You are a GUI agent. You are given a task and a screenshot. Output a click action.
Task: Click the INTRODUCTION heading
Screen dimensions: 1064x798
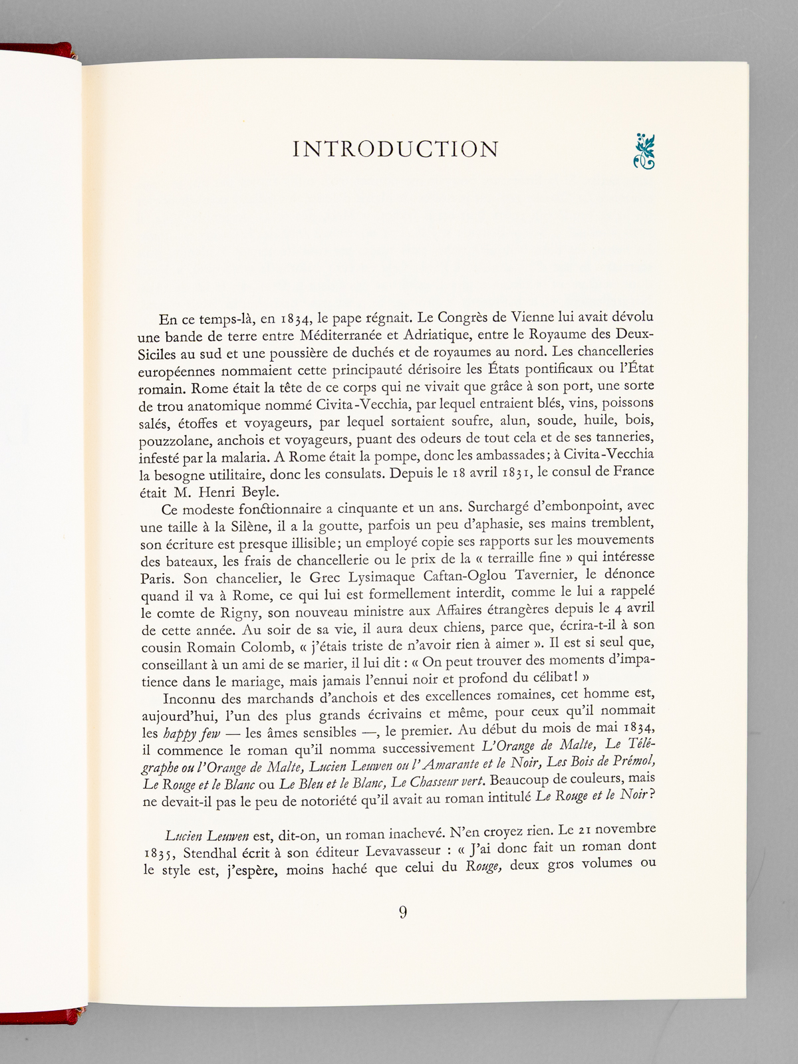(396, 150)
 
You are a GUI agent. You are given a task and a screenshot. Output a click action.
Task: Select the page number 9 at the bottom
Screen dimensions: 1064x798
(403, 912)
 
